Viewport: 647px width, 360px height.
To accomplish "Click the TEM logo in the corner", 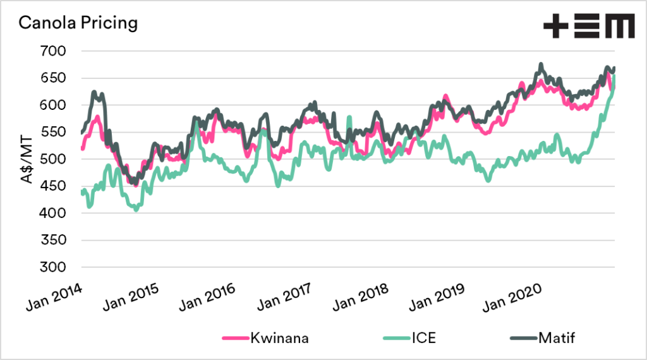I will tap(588, 27).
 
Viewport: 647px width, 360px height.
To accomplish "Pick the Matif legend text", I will tap(556, 338).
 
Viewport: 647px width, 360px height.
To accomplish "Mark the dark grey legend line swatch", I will tap(522, 339).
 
